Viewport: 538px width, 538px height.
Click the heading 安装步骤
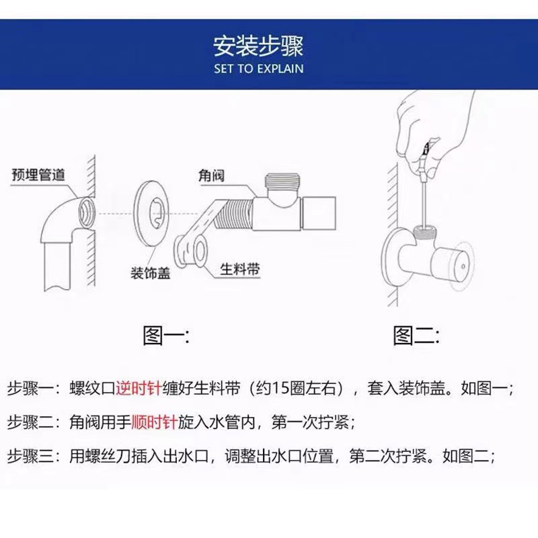pos(259,46)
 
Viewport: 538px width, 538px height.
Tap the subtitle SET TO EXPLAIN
pos(259,69)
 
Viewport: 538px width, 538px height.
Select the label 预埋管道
pos(38,175)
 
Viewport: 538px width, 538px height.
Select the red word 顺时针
pos(154,423)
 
